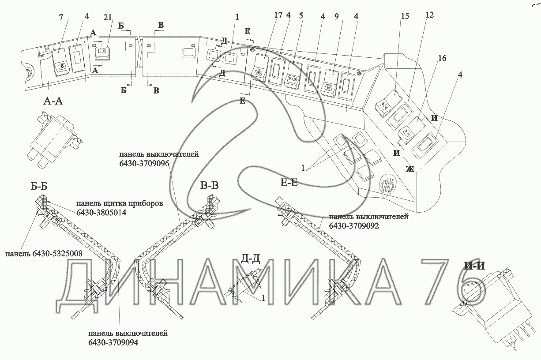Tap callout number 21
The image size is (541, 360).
[108, 17]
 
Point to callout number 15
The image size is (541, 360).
[405, 16]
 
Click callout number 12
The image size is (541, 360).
[429, 15]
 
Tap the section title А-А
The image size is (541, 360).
[54, 101]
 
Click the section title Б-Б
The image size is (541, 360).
[39, 185]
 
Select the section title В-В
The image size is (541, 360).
[209, 185]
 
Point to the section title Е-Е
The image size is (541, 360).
[289, 182]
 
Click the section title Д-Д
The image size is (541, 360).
[250, 259]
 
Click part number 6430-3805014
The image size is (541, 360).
[101, 213]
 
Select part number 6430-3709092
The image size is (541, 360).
[354, 226]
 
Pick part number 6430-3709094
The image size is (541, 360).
[113, 342]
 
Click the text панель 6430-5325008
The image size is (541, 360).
[44, 255]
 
